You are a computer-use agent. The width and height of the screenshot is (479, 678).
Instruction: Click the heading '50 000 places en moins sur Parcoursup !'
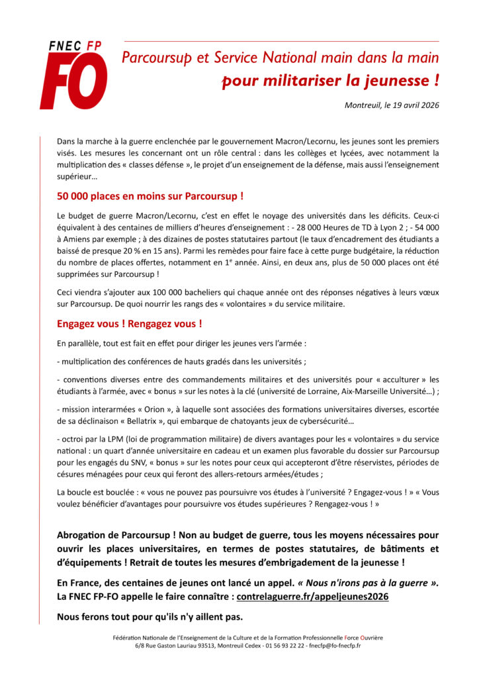coord(150,196)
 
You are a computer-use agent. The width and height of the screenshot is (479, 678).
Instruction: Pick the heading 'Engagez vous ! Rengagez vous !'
coord(130,324)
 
